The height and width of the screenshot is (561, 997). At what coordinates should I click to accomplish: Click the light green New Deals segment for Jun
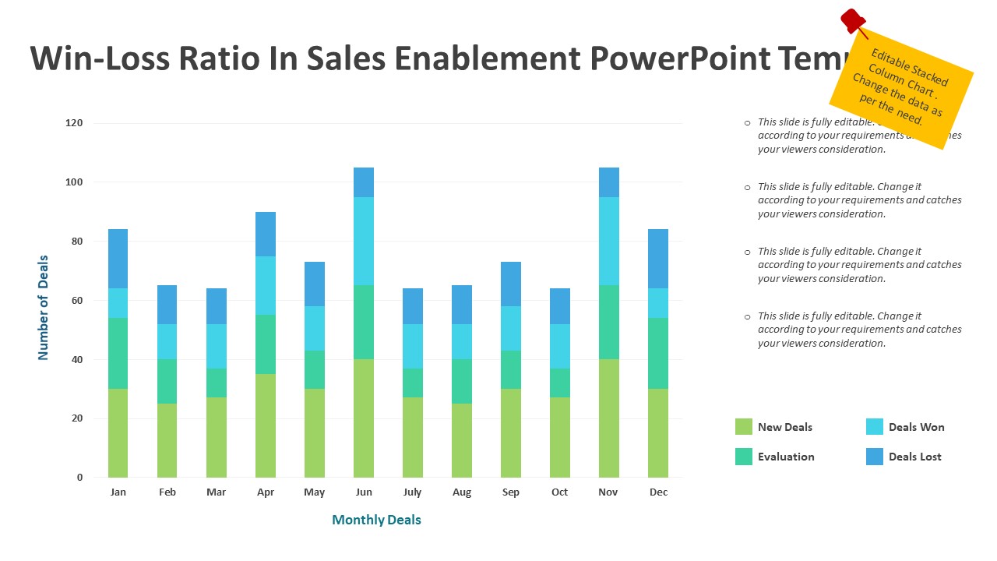pyautogui.click(x=363, y=418)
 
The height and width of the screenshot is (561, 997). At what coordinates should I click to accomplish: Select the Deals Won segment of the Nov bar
pyautogui.click(x=608, y=241)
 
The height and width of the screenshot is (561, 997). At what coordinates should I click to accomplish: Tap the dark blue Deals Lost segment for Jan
pyautogui.click(x=118, y=259)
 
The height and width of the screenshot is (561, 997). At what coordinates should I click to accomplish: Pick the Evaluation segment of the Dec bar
pyautogui.click(x=657, y=353)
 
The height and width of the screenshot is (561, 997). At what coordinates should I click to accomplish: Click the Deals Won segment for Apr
pyautogui.click(x=265, y=285)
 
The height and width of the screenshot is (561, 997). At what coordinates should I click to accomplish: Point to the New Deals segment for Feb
pyautogui.click(x=167, y=440)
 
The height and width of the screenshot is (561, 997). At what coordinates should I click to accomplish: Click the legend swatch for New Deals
pyautogui.click(x=743, y=427)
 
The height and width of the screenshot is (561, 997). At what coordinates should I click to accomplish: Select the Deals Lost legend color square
pyautogui.click(x=874, y=457)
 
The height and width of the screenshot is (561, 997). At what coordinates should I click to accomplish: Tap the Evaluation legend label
pyautogui.click(x=786, y=457)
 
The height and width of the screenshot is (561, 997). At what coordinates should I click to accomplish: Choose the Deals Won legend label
pyautogui.click(x=916, y=427)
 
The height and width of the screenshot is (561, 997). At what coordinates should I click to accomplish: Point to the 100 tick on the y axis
pyautogui.click(x=73, y=182)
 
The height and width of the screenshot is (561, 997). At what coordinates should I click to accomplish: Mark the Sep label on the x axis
pyautogui.click(x=511, y=492)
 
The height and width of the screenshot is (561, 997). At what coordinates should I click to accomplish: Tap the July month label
pyautogui.click(x=412, y=492)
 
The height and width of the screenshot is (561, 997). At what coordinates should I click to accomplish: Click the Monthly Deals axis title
pyautogui.click(x=376, y=520)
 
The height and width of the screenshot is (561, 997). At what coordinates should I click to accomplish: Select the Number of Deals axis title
pyautogui.click(x=44, y=308)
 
